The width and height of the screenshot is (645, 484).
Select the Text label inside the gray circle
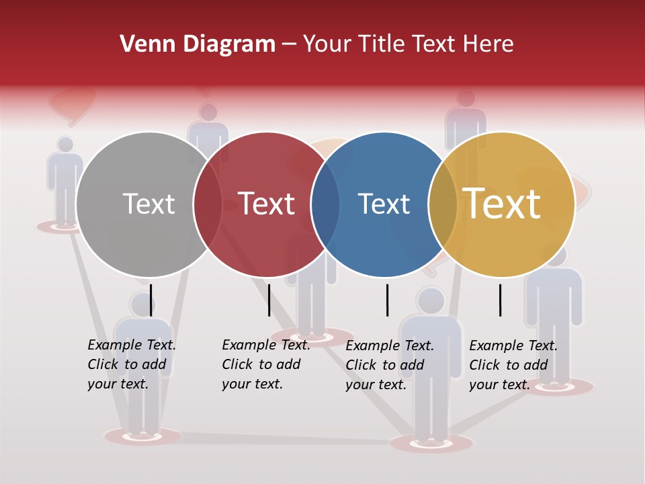click(x=148, y=204)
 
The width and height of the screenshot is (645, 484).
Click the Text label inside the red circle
click(x=266, y=204)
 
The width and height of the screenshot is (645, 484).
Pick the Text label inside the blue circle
click(x=384, y=204)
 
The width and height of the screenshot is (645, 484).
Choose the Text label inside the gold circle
click(x=501, y=204)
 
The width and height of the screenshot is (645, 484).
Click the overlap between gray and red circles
click(x=208, y=204)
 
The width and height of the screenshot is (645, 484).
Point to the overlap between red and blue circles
click(x=325, y=204)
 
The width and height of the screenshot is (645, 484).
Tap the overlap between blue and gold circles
click(x=443, y=204)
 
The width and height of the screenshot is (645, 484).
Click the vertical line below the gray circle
click(x=150, y=300)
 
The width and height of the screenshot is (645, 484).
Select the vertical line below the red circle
click(x=269, y=300)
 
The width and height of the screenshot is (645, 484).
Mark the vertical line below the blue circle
click(x=387, y=300)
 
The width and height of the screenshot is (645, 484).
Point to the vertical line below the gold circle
click(x=500, y=300)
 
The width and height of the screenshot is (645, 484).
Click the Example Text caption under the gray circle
click(x=131, y=364)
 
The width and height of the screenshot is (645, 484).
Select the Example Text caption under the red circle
click(x=265, y=364)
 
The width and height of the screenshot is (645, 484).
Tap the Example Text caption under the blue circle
click(x=389, y=365)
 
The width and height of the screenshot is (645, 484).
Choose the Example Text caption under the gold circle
click(x=513, y=365)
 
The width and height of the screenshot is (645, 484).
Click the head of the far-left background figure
click(x=65, y=145)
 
